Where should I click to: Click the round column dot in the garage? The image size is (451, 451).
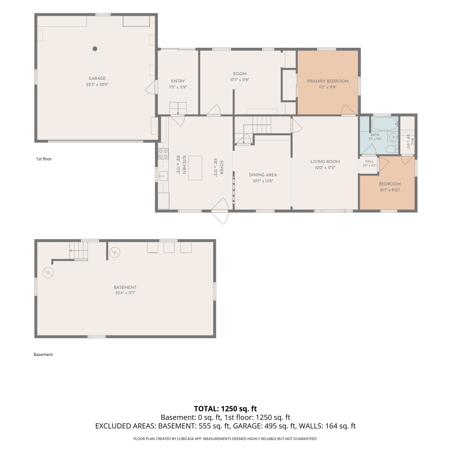(95, 49)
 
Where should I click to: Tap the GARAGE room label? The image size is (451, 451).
(97, 78)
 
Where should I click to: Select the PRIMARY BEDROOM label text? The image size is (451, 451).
(328, 81)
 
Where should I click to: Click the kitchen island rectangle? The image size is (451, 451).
(195, 168)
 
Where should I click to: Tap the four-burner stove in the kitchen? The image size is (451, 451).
(163, 154)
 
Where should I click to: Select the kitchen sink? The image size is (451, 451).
(163, 176)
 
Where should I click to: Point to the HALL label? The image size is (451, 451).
(370, 161)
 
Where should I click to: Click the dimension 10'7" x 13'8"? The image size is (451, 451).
(263, 181)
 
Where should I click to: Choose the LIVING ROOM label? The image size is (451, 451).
(325, 161)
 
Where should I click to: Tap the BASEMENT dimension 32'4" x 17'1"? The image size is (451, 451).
(125, 293)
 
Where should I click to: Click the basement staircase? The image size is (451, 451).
(79, 251)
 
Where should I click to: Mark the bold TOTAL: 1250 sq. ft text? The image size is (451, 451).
(226, 409)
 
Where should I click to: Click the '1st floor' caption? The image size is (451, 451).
(44, 159)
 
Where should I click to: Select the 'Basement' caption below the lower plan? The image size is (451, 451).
(43, 354)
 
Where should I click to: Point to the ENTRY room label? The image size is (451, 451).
(178, 81)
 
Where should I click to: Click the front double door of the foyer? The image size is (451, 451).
(220, 211)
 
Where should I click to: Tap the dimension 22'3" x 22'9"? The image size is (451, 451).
(97, 85)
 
